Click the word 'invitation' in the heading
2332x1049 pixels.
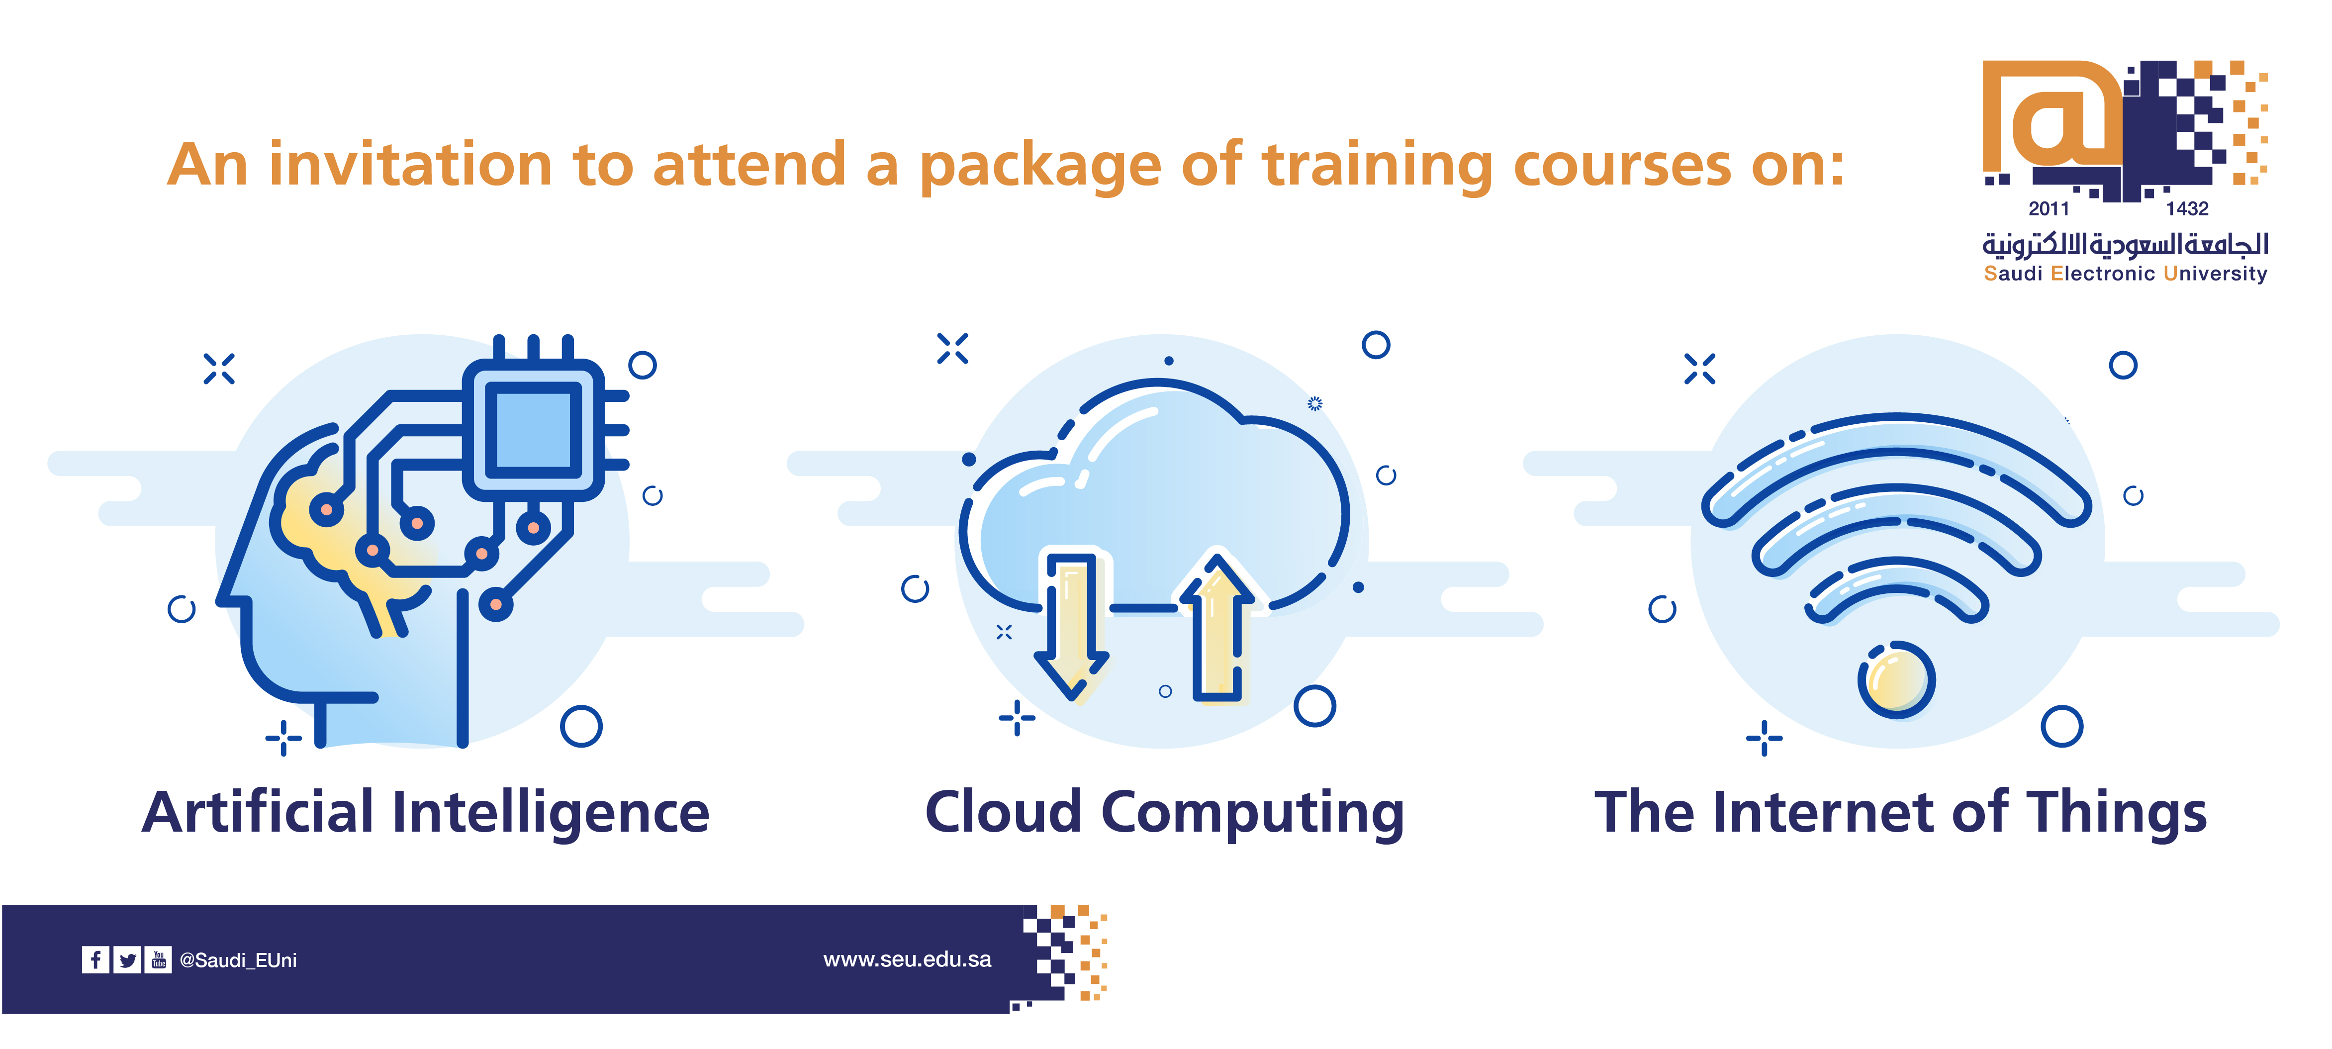[410, 166]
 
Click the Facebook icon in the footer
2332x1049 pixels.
[95, 959]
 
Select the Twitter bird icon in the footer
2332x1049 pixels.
[128, 959]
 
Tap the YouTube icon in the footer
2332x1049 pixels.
[159, 959]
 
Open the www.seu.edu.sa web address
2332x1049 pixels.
[907, 959]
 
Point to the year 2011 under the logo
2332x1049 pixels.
[2049, 209]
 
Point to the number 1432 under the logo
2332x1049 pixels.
[2187, 209]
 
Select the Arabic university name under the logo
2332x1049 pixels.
[2125, 244]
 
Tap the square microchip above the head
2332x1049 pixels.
[533, 430]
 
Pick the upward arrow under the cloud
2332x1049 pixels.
[1217, 629]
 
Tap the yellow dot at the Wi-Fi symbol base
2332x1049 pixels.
[1896, 680]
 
